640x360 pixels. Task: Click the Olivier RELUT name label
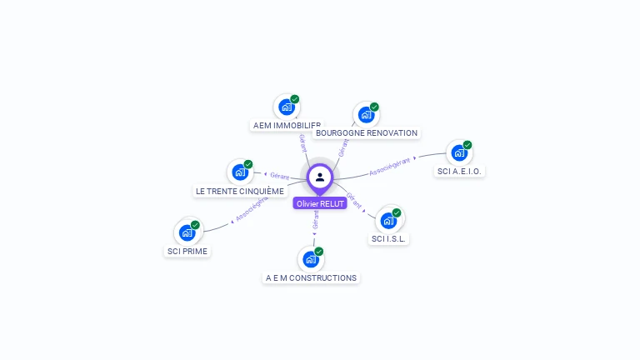point(319,203)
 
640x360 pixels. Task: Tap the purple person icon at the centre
point(320,177)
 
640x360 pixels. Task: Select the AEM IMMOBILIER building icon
point(287,107)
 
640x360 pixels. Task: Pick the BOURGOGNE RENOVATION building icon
point(366,114)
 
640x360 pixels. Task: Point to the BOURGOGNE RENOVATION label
point(367,132)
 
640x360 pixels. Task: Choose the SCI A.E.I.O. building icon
point(459,152)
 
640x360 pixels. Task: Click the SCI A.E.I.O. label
point(459,171)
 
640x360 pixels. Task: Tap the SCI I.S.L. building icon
point(388,220)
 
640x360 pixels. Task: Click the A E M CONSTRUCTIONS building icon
point(311,259)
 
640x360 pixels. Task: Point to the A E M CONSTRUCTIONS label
point(311,277)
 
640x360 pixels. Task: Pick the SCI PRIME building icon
point(187,232)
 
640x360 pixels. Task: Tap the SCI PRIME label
point(187,251)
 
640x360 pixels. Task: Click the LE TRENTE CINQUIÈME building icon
point(241,172)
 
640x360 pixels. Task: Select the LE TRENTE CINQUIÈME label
point(240,191)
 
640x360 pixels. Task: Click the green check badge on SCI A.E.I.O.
point(467,145)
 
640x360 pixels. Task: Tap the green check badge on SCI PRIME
point(195,225)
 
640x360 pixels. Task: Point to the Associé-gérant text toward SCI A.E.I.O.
point(390,164)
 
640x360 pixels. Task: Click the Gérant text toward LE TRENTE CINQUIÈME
point(279,176)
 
